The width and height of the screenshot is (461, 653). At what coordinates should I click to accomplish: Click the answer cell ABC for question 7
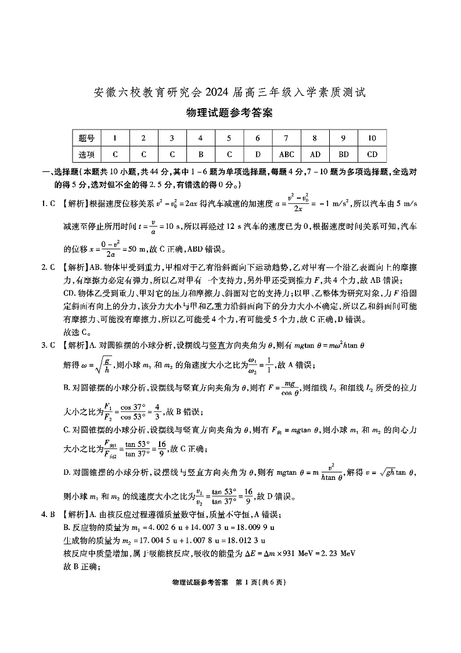[287, 155]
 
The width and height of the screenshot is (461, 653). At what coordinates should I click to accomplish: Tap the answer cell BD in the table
[344, 155]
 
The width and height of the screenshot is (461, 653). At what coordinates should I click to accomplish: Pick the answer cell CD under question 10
[372, 155]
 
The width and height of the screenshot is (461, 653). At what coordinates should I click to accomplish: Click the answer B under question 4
[200, 155]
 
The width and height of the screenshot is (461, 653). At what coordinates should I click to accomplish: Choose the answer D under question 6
[257, 155]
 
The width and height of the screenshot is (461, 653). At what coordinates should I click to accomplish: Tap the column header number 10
[372, 138]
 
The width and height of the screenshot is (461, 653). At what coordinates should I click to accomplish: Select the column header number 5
[229, 138]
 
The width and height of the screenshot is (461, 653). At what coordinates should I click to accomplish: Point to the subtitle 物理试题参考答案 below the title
[230, 113]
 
